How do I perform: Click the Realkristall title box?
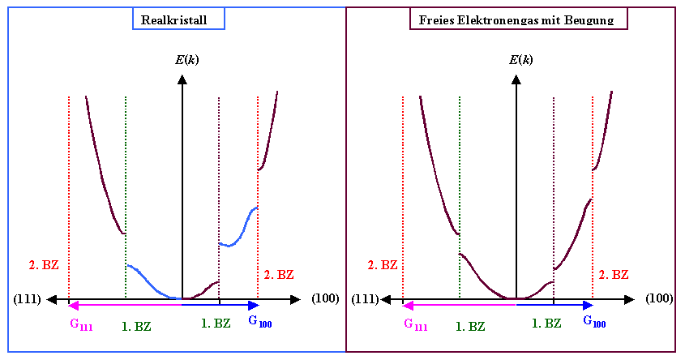(x=178, y=19)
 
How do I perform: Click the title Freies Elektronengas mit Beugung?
(x=517, y=19)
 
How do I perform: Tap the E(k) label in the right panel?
(x=520, y=60)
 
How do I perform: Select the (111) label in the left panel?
(x=28, y=299)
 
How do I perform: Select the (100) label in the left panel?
(x=325, y=299)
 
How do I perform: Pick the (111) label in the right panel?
(x=366, y=299)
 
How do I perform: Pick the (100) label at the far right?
(x=659, y=299)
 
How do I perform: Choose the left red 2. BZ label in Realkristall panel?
(x=40, y=265)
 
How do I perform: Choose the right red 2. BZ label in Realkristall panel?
(x=280, y=275)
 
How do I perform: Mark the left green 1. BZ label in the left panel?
(x=135, y=327)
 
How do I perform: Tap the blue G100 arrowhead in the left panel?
(x=254, y=306)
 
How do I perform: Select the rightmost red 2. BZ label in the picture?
(x=614, y=275)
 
